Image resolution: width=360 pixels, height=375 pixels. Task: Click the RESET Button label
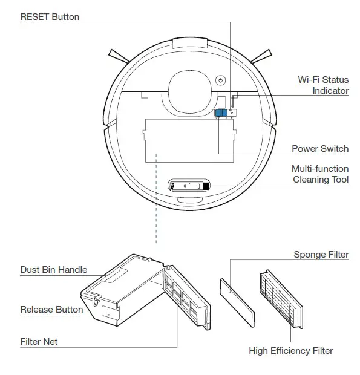click(x=50, y=17)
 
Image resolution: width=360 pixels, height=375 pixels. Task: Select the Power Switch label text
click(x=320, y=149)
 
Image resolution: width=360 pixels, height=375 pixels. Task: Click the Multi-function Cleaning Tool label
click(x=320, y=174)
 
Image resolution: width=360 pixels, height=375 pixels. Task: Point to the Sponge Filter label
click(x=321, y=255)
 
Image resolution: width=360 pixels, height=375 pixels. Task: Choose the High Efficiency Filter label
click(x=290, y=351)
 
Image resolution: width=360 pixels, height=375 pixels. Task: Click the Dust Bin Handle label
click(x=54, y=270)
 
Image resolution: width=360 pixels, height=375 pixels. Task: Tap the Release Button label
click(x=51, y=310)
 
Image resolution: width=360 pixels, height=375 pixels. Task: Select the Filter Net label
click(x=39, y=342)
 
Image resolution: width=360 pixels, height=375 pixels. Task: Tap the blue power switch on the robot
click(x=221, y=113)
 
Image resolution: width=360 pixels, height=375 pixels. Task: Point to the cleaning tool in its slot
click(x=189, y=187)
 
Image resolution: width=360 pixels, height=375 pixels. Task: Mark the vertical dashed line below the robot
click(x=156, y=200)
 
